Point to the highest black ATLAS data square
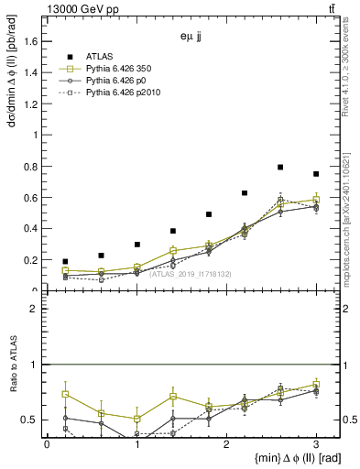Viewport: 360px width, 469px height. pos(280,168)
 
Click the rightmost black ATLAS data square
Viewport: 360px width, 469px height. pos(316,174)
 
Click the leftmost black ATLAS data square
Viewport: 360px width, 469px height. pos(65,262)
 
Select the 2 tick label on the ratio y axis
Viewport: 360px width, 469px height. pos(37,309)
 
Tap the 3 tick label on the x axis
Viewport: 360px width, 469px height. pos(316,445)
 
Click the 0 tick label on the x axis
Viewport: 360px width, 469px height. pos(47,445)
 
